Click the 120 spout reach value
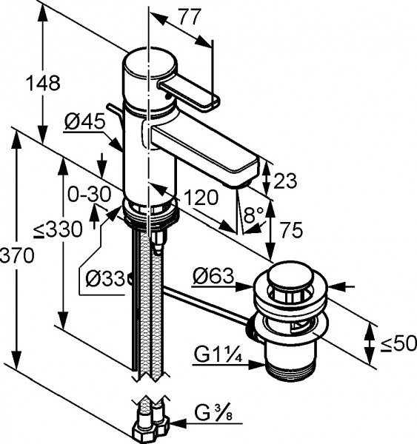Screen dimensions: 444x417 [199, 198]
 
